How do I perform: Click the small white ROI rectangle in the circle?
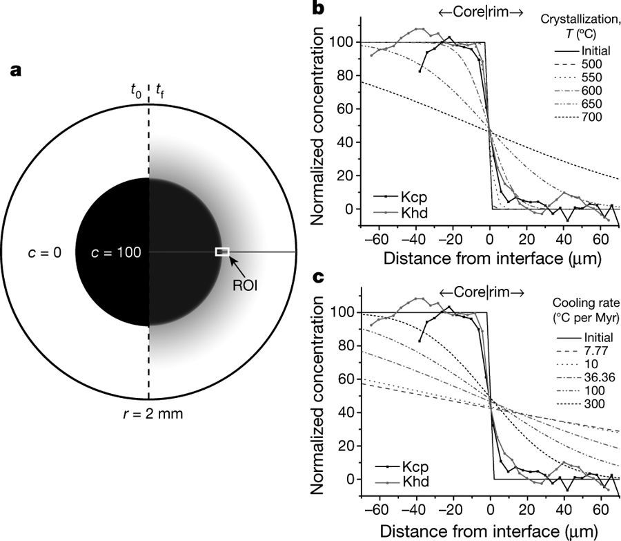click(x=222, y=252)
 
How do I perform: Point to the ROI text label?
click(x=244, y=283)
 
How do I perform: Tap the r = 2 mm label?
click(x=149, y=415)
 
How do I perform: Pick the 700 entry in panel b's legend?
click(x=592, y=117)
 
